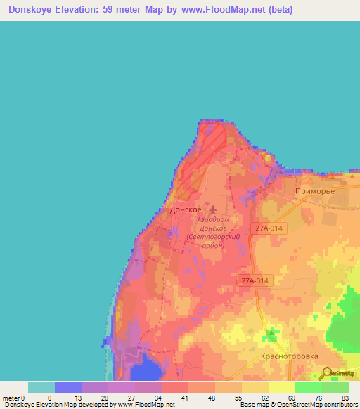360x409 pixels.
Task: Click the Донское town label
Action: coord(186,210)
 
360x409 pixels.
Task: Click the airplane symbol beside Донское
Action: coord(213,209)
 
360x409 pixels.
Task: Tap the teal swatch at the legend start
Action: coord(41,387)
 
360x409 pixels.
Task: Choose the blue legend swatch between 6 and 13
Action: coord(67,387)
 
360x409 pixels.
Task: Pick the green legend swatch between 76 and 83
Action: coord(335,387)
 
